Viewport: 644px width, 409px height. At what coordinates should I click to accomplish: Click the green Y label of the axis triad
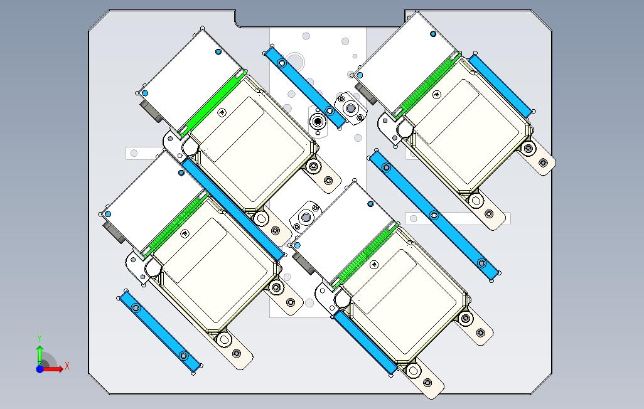(x=40, y=338)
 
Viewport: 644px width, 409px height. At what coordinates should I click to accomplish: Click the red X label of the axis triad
(x=67, y=366)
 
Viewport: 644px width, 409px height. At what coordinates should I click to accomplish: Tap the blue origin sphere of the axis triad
(x=40, y=369)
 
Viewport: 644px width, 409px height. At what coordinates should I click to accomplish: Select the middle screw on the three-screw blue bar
(x=434, y=215)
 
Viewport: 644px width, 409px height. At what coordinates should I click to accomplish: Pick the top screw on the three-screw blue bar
(x=386, y=167)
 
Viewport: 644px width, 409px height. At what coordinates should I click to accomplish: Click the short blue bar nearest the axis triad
(x=160, y=331)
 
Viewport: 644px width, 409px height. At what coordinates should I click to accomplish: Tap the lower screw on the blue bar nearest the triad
(x=184, y=355)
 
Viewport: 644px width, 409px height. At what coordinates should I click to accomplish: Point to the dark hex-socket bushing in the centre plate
(x=318, y=121)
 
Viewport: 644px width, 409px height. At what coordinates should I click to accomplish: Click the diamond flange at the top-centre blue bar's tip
(x=350, y=109)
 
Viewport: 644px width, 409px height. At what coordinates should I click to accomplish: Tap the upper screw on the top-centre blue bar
(x=282, y=63)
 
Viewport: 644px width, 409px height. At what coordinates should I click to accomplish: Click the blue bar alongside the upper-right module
(x=500, y=85)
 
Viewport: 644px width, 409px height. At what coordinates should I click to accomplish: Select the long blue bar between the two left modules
(x=233, y=210)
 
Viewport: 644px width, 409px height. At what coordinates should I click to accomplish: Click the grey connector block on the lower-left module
(x=115, y=232)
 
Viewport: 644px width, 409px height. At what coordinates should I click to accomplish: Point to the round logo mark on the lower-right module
(x=373, y=265)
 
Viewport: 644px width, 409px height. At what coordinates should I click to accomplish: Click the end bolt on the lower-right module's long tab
(x=427, y=383)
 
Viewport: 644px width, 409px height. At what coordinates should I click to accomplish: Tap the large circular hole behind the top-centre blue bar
(x=295, y=61)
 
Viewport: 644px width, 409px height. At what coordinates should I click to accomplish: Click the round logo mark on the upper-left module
(x=222, y=112)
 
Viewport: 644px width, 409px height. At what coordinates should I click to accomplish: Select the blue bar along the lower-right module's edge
(x=365, y=342)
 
